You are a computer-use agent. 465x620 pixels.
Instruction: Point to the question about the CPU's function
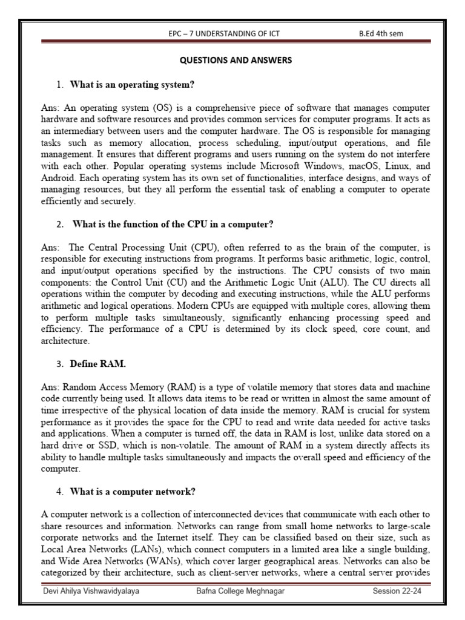pos(173,223)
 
